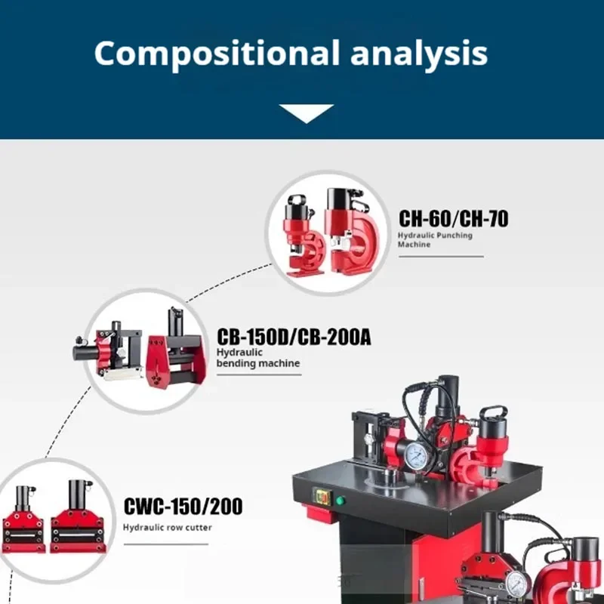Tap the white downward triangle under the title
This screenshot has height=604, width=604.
click(x=306, y=113)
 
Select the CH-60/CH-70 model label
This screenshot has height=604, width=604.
click(x=453, y=219)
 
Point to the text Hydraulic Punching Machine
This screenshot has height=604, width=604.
click(x=435, y=239)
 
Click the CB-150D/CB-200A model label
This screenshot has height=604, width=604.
click(x=294, y=337)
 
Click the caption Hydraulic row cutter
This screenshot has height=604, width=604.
click(x=168, y=527)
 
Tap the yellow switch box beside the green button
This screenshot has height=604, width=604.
click(x=322, y=498)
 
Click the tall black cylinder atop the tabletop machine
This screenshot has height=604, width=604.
click(x=448, y=393)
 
